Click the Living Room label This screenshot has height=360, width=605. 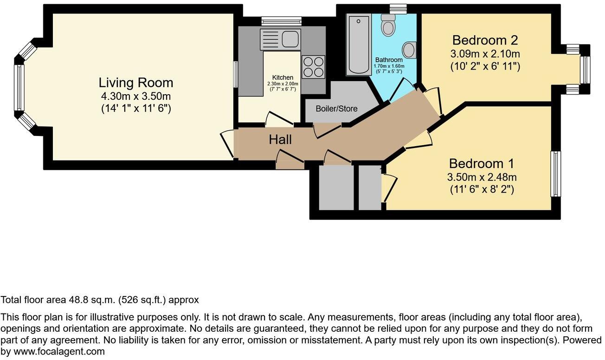135,83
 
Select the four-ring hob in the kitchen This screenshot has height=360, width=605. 313,67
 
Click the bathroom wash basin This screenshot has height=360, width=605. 410,49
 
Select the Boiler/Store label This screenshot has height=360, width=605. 336,109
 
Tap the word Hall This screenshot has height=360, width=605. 280,139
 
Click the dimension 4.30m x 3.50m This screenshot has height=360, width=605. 135,97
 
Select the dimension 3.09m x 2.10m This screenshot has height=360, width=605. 485,53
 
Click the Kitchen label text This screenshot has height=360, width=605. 283,77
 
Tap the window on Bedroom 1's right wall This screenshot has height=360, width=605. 556,174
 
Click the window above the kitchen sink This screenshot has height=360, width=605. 281,21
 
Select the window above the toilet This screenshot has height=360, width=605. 398,8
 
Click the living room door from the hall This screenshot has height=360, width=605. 227,144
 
